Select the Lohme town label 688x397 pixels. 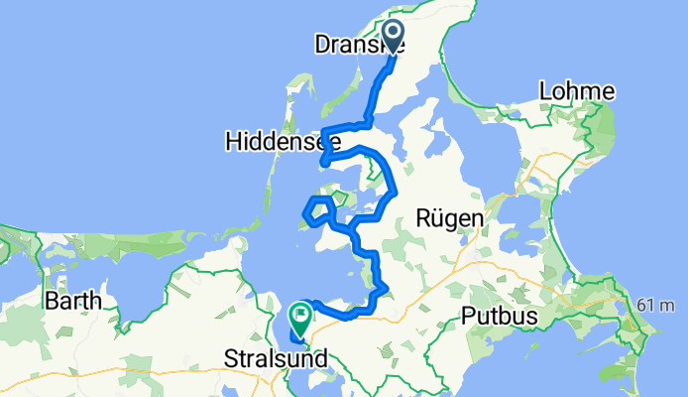[x=576, y=91]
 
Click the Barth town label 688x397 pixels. [x=73, y=300]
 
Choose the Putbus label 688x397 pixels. [x=500, y=317]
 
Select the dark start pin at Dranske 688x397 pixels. [x=394, y=37]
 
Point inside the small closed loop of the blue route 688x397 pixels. [x=320, y=209]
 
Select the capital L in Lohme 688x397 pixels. [x=545, y=91]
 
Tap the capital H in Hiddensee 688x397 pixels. [x=234, y=142]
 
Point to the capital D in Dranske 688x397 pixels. [x=321, y=45]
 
